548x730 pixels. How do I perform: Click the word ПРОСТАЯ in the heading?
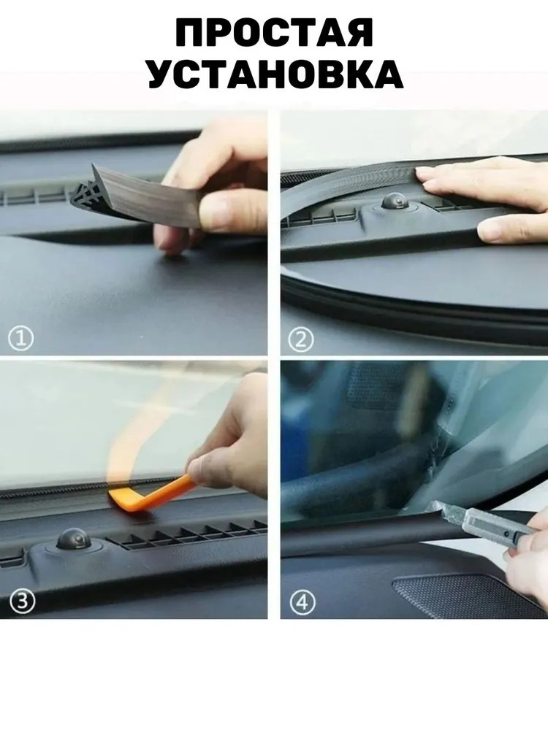pos(275,33)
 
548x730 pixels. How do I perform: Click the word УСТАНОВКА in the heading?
pos(275,74)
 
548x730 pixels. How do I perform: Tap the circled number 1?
pos(21,339)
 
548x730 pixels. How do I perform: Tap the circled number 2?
pos(300,340)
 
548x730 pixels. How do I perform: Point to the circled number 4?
pos(302,603)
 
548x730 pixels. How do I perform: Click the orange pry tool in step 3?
pos(153,493)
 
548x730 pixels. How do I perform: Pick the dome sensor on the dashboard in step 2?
pos(395,201)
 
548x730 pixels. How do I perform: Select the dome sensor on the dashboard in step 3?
pos(74,540)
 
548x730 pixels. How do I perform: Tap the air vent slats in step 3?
pos(186,534)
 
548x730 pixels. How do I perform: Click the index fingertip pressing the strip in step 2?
pos(423,173)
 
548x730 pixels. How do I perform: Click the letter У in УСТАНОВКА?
pos(164,74)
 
